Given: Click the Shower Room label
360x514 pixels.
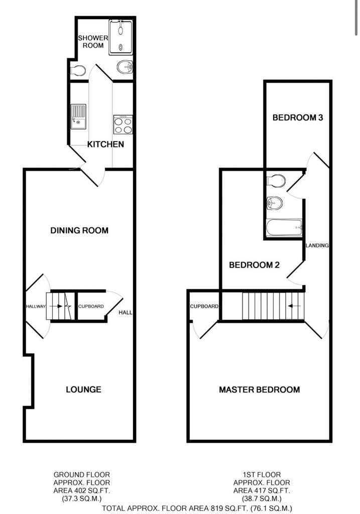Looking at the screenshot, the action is (x=93, y=42).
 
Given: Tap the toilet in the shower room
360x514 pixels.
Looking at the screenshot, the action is (x=78, y=70).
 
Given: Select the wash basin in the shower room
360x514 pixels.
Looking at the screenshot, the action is (x=125, y=67).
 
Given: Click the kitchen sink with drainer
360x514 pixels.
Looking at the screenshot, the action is (x=78, y=116).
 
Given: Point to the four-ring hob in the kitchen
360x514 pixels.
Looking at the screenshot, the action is (x=123, y=124).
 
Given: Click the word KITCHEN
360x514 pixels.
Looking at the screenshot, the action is (x=105, y=144).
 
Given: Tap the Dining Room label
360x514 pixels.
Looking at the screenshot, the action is (x=79, y=230).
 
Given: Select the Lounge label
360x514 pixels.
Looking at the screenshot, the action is (x=84, y=390).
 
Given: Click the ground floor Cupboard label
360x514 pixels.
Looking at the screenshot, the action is (x=91, y=307).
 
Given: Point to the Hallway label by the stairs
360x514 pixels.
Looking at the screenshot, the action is (x=36, y=307).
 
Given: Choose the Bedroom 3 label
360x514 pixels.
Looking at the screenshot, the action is (x=298, y=117).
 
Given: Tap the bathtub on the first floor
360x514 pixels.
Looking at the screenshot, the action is (x=284, y=227).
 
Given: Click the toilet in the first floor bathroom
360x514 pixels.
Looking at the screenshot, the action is (x=276, y=180).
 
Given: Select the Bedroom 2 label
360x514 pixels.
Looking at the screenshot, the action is (x=254, y=265).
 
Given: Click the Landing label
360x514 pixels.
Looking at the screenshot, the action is (x=317, y=245).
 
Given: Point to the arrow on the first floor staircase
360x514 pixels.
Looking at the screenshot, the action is (x=294, y=306).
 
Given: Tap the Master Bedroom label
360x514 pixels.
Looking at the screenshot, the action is (x=260, y=390).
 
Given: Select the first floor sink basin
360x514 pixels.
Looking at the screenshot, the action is (x=275, y=203).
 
